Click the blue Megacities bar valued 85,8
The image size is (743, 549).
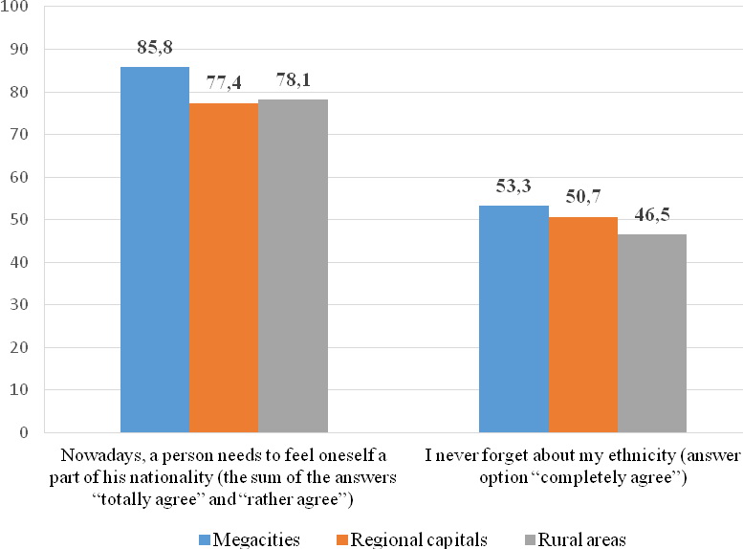(x=155, y=250)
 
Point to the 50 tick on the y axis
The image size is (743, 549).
(x=20, y=220)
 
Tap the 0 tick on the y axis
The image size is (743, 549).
(x=24, y=432)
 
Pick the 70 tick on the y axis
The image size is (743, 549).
(x=20, y=135)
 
